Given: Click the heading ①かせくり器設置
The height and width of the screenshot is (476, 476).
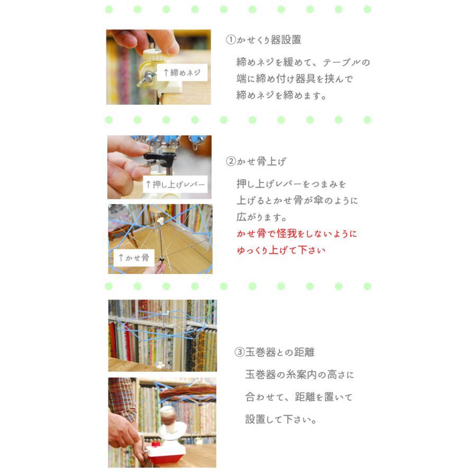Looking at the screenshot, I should [x=264, y=40].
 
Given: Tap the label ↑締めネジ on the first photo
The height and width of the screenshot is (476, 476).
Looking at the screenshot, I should [x=181, y=73].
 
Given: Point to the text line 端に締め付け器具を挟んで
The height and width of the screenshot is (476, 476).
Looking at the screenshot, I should [x=295, y=79].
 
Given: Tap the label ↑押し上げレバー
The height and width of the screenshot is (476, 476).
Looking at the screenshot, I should [x=175, y=185].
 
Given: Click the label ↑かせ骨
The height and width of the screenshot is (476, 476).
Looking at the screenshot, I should [x=133, y=258].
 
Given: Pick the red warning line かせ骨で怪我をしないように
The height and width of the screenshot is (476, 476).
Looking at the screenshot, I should [x=297, y=234].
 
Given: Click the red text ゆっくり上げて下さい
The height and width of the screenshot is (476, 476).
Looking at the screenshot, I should [x=281, y=250].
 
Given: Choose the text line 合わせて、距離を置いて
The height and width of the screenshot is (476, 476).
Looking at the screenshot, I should [x=299, y=397].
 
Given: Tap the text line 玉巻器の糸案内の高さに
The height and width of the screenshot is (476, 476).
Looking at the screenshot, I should [x=300, y=375].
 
